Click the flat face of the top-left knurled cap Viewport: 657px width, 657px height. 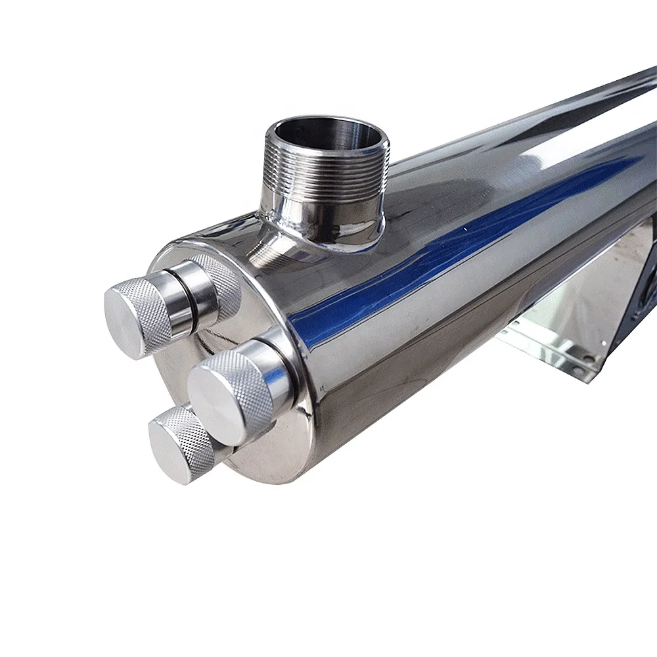pyautogui.click(x=129, y=321)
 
